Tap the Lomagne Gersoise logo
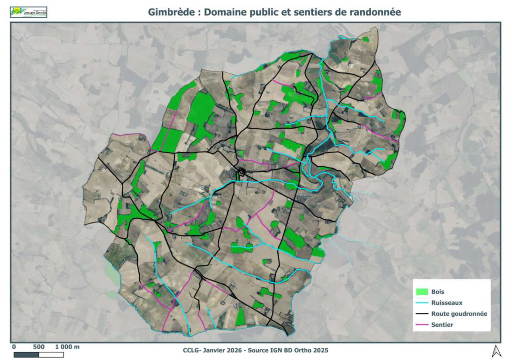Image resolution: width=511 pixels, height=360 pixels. coord(29,12)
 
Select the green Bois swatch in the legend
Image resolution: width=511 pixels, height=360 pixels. coord(422,292)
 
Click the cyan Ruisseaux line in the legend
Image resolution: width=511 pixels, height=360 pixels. coord(422,303)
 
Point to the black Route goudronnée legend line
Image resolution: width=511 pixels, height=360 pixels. coord(422,314)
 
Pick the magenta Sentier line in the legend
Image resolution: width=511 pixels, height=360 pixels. coord(422,325)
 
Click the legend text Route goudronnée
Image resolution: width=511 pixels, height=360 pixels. coord(459,314)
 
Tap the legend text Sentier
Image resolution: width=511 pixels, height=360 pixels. coord(442,325)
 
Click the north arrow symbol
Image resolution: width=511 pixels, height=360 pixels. coord(496,351)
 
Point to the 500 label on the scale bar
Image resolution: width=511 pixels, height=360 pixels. coord(39,347)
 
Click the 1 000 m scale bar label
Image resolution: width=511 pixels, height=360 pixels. coord(67,347)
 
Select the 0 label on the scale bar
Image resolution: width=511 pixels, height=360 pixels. coord(14,347)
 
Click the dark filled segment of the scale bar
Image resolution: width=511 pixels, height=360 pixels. coord(26,355)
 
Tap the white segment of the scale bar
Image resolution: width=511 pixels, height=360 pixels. coord(51,355)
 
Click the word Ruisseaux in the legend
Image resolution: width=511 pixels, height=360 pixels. coord(446,303)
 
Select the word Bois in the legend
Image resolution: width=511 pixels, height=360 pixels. coord(437,292)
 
